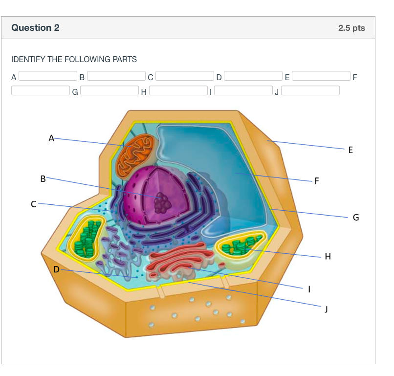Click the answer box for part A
pos(48,76)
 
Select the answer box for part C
pos(185,76)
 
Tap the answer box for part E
pos(321,76)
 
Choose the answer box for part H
pos(178,90)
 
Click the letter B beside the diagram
pos(43,179)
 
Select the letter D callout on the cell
pos(56,269)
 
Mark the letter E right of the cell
pos(350,150)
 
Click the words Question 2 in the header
pos(35,28)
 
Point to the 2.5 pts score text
pos(351,28)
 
